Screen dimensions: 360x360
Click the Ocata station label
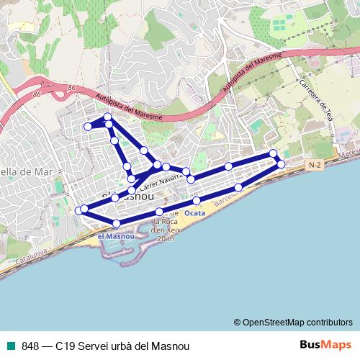click(x=194, y=213)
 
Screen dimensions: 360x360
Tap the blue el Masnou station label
click(x=115, y=235)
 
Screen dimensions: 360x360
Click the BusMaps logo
click(x=325, y=345)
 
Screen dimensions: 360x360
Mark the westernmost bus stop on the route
click(x=78, y=210)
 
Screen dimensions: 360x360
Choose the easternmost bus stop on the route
click(x=281, y=165)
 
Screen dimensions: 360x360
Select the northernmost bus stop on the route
click(x=107, y=117)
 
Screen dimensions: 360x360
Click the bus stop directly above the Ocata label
click(x=197, y=200)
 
